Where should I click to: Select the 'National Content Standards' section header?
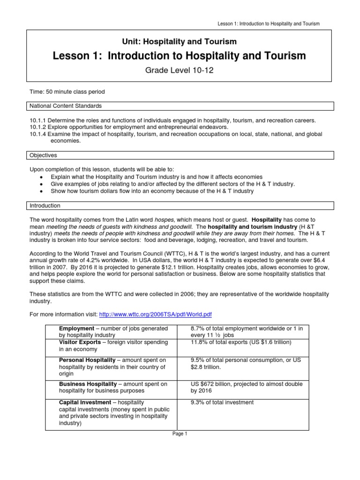click(x=66, y=106)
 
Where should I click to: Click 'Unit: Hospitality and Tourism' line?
click(x=180, y=42)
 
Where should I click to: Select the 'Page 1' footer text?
click(x=180, y=434)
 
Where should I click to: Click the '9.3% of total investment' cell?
click(x=222, y=402)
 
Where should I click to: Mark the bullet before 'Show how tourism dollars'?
click(x=42, y=191)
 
